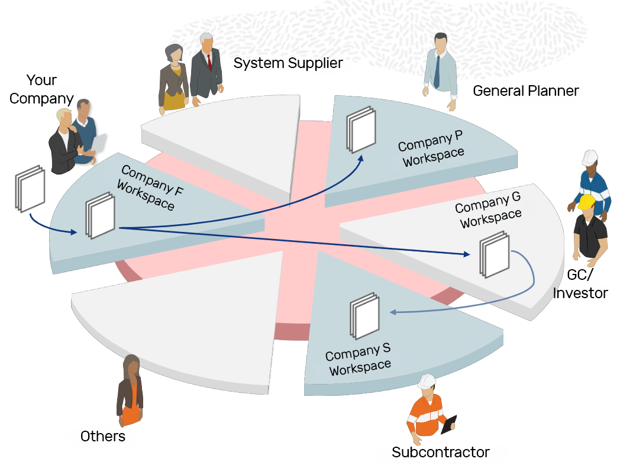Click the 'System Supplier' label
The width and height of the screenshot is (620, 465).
[x=288, y=63]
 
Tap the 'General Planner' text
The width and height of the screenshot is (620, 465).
[x=526, y=91]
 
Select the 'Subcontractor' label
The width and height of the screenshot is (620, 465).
[x=441, y=452]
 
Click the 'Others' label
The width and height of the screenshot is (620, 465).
[x=103, y=436]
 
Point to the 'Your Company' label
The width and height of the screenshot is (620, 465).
[x=41, y=89]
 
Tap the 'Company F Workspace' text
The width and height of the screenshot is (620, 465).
[x=150, y=188]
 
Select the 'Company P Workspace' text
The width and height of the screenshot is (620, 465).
[x=431, y=148]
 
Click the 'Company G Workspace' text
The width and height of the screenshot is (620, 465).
[x=488, y=210]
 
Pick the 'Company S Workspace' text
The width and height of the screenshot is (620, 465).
[x=359, y=359]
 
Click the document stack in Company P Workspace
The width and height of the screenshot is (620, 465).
[x=361, y=130]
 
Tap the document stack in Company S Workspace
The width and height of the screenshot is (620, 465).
[x=364, y=316]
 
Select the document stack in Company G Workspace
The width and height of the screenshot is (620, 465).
[x=495, y=254]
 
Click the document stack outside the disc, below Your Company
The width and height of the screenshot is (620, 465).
[x=30, y=189]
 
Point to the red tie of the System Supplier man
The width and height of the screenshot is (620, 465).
[x=209, y=62]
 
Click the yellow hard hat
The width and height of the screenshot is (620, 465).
[x=586, y=201]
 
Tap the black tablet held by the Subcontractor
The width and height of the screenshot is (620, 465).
[x=449, y=424]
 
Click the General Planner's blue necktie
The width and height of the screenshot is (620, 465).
[x=437, y=72]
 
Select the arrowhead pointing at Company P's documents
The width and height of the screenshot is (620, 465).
[x=360, y=159]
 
